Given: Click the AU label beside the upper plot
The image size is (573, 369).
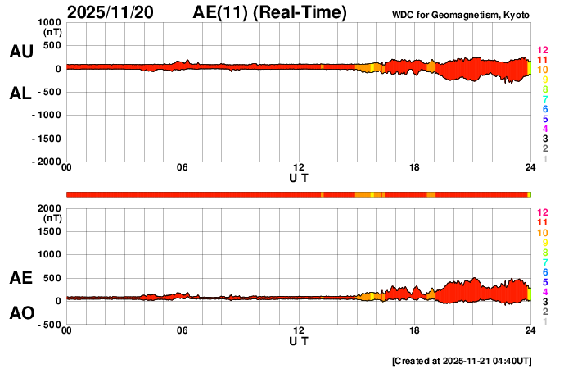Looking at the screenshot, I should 20,52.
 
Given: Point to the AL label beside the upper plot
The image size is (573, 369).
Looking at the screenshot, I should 20,93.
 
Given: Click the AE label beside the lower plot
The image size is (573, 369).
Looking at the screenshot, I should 20,279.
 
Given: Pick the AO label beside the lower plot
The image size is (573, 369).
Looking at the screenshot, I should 20,314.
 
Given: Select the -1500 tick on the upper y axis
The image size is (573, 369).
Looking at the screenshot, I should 47,139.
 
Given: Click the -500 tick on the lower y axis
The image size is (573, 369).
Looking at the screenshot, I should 50,325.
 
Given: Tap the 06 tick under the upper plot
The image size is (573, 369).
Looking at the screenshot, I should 183,168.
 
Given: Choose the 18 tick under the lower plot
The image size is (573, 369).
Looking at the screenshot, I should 414,330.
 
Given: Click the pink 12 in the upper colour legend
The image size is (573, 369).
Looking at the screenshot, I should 542,51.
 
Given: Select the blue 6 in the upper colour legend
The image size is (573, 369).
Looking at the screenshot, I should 544,109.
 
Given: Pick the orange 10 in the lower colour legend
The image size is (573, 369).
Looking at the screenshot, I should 542,233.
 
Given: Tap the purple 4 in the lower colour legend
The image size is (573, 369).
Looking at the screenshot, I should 544,292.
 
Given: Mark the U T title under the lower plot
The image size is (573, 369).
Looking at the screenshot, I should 299,340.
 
